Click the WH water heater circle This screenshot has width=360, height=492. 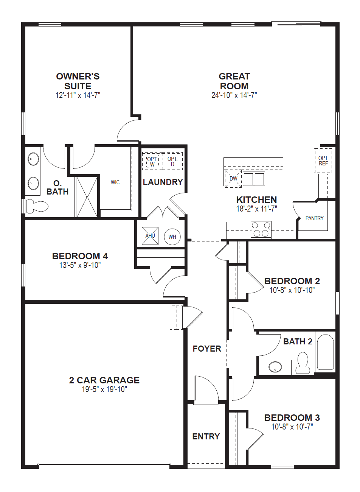pyautogui.click(x=172, y=237)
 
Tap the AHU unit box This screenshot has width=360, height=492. pyautogui.click(x=150, y=236)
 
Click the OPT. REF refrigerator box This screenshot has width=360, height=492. pyautogui.click(x=323, y=161)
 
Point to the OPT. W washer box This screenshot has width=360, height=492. pyautogui.click(x=152, y=162)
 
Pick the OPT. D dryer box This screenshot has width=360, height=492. pyautogui.click(x=172, y=162)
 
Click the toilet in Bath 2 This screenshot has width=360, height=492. pyautogui.click(x=303, y=363)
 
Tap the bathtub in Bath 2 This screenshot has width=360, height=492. pyautogui.click(x=325, y=352)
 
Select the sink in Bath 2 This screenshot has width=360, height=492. pyautogui.click(x=275, y=367)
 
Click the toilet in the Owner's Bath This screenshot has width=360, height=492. pyautogui.click(x=37, y=206)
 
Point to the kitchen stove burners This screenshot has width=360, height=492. pyautogui.click(x=261, y=230)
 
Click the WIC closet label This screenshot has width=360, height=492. pyautogui.click(x=115, y=182)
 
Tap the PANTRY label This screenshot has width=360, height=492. pyautogui.click(x=314, y=218)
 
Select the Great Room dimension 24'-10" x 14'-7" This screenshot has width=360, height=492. pyautogui.click(x=234, y=95)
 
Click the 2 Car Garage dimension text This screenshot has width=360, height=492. pyautogui.click(x=104, y=389)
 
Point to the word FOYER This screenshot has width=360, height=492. pyautogui.click(x=207, y=349)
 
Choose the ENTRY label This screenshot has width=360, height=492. pyautogui.click(x=206, y=436)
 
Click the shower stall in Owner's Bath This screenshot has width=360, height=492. pyautogui.click(x=87, y=197)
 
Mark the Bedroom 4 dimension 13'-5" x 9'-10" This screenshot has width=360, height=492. pyautogui.click(x=80, y=265)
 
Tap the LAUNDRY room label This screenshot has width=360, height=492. pyautogui.click(x=163, y=182)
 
